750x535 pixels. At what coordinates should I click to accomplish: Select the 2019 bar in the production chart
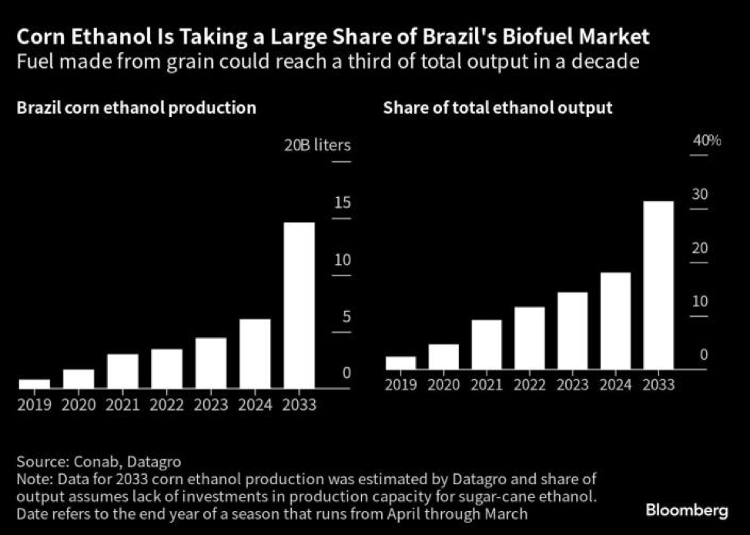[35, 383]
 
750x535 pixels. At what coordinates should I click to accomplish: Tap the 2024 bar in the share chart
[615, 321]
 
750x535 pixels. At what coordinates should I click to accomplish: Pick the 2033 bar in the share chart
[658, 285]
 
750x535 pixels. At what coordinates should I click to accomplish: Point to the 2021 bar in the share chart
[487, 344]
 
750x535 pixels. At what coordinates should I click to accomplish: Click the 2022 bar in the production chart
[167, 368]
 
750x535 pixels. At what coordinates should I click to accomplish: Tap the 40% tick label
[706, 140]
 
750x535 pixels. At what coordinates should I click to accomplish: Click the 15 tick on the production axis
[342, 203]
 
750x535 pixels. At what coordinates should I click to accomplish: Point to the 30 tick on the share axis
[698, 194]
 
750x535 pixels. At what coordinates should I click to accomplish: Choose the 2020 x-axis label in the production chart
[79, 404]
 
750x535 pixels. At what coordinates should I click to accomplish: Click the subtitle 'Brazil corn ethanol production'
[136, 108]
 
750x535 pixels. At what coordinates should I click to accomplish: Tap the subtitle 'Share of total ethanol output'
[498, 108]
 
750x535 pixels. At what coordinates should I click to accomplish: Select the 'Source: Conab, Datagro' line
[99, 462]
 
